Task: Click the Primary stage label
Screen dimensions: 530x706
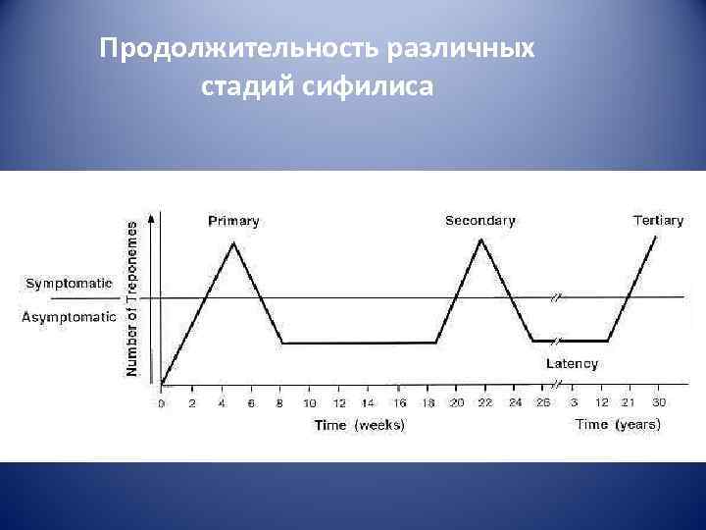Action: pyautogui.click(x=233, y=221)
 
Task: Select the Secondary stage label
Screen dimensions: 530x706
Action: pyautogui.click(x=479, y=221)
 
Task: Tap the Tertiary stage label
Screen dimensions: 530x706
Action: pyautogui.click(x=658, y=221)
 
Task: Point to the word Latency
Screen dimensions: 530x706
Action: pyautogui.click(x=572, y=363)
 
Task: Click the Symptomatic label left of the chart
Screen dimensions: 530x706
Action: pyautogui.click(x=68, y=283)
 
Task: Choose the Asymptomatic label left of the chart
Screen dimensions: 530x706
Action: pyautogui.click(x=69, y=317)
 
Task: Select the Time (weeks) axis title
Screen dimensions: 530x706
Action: pyautogui.click(x=359, y=425)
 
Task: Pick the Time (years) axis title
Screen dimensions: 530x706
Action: pyautogui.click(x=618, y=425)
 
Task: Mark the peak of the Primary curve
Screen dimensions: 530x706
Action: pyautogui.click(x=233, y=241)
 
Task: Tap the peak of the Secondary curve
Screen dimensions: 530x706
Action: pyautogui.click(x=480, y=238)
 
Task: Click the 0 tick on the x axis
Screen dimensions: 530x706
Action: pyautogui.click(x=162, y=403)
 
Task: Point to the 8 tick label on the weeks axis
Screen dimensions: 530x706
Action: pyautogui.click(x=280, y=403)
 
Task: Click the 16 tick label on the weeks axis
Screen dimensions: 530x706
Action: pyautogui.click(x=398, y=403)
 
